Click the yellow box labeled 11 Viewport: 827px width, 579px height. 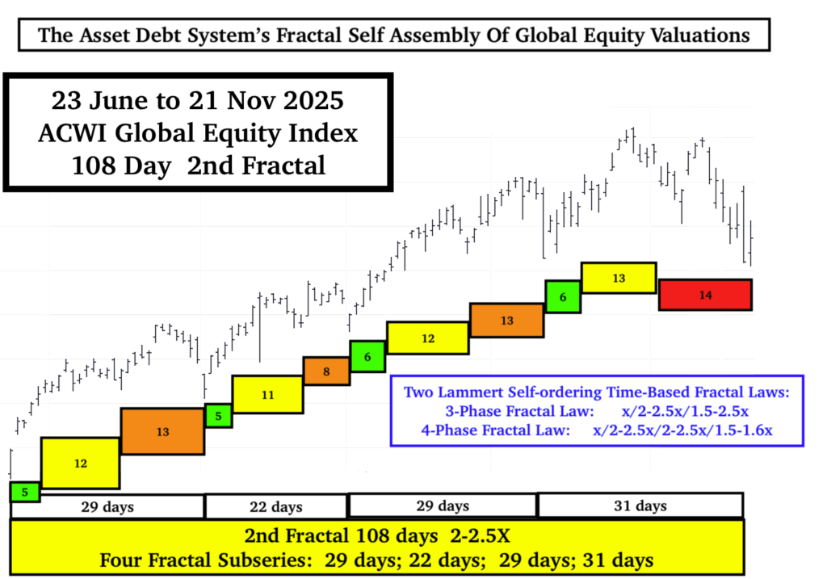coord(267,395)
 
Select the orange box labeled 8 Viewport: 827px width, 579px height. coord(326,371)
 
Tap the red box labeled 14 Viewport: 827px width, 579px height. coord(705,295)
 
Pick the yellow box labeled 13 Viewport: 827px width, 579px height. coord(619,278)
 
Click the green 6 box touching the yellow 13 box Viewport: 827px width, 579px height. coord(562,297)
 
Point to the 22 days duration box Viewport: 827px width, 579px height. coord(275,506)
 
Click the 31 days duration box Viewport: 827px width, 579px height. coord(640,506)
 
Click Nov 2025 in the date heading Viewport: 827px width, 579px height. coord(281,103)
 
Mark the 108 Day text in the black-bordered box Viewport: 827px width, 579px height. coord(120,166)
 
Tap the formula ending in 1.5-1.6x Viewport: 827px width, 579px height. coord(683,430)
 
